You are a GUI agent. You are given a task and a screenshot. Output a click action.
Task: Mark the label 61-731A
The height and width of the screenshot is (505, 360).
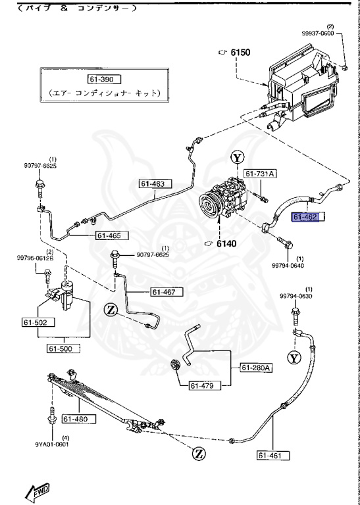pyautogui.click(x=261, y=174)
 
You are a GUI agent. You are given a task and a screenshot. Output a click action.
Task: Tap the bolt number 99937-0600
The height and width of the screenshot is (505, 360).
pyautogui.click(x=337, y=33)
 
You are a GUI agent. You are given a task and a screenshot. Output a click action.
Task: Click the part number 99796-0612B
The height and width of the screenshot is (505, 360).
pyautogui.click(x=36, y=258)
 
